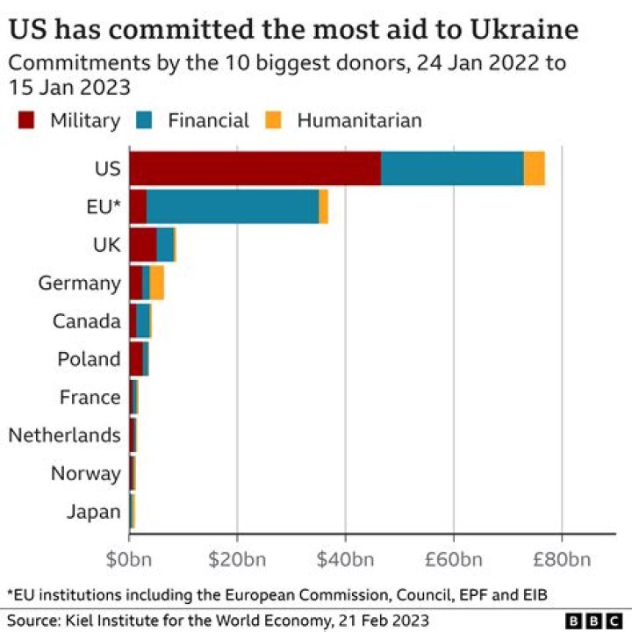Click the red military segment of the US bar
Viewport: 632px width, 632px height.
click(x=255, y=168)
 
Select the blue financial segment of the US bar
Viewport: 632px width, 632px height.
click(x=452, y=168)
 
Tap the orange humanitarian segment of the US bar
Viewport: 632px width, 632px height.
click(x=534, y=168)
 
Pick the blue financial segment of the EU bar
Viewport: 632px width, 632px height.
click(x=233, y=206)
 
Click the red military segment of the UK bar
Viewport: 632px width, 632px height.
click(x=142, y=244)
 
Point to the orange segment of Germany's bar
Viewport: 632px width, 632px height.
click(x=157, y=283)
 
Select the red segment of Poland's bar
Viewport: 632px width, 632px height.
click(x=135, y=359)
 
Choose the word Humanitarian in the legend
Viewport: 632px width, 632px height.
click(x=359, y=121)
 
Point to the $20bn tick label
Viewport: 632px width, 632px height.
click(x=237, y=559)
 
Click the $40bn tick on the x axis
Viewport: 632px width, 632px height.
click(x=345, y=559)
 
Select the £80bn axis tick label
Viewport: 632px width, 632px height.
click(x=562, y=559)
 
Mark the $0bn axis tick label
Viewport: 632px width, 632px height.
click(x=129, y=559)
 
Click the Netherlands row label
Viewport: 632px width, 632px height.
click(x=64, y=435)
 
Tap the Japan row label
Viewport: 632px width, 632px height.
click(x=93, y=512)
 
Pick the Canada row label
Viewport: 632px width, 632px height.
click(x=86, y=321)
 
